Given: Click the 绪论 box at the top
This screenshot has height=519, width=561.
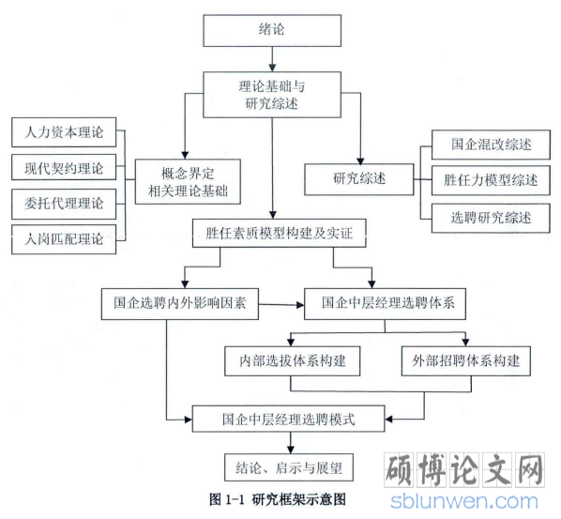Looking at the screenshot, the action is [272, 30].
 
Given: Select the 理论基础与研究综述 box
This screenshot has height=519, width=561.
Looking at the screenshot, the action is [272, 95].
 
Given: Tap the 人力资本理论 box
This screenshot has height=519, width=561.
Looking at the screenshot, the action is [64, 132].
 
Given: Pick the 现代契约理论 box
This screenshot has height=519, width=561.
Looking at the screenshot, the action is [64, 167].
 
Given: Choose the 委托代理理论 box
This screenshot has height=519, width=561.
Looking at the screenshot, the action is [64, 204].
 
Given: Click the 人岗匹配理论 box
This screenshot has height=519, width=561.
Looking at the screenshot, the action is [64, 239].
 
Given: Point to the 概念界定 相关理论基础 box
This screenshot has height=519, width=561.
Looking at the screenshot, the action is [188, 182].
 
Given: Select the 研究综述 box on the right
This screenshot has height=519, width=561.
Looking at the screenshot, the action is [359, 179].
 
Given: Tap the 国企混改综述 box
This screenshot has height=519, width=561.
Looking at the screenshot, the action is [491, 145].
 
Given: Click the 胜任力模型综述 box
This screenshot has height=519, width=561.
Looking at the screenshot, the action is [491, 180].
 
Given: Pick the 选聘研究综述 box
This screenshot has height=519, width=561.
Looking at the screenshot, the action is [491, 218].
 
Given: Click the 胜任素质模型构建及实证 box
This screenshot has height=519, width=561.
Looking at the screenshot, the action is [279, 233].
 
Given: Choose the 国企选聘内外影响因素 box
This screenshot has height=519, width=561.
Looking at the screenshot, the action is [180, 304].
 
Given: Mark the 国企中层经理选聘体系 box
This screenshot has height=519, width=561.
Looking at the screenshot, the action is [385, 304].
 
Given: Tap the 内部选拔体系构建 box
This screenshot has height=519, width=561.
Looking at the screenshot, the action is [293, 360].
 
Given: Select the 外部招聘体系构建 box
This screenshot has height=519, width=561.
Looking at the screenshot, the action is [466, 360].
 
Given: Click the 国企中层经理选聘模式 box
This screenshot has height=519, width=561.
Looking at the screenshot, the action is [288, 419].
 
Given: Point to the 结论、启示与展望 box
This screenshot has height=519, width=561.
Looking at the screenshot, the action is [289, 467].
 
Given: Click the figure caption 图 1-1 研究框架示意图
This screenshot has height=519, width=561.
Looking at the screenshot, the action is [278, 499].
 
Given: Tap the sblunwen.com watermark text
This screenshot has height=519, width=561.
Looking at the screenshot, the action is [464, 501].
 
